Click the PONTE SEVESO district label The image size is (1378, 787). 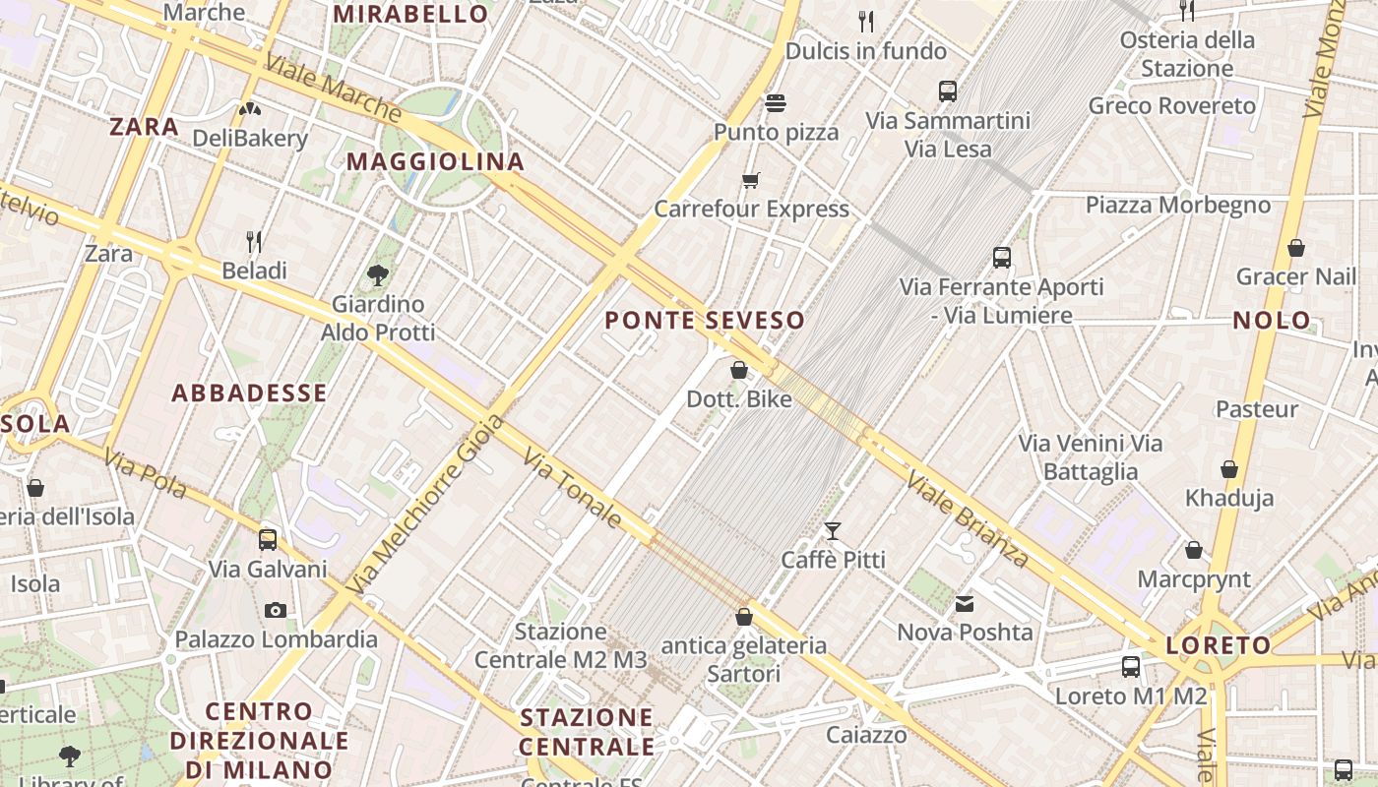[705, 320]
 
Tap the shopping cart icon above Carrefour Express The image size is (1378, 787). [751, 180]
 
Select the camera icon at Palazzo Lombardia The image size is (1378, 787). [276, 610]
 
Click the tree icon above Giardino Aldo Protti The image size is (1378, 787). [377, 274]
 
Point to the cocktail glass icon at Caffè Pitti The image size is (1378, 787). [833, 531]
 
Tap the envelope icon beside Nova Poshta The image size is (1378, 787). [965, 603]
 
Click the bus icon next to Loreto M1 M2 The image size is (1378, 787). [1131, 666]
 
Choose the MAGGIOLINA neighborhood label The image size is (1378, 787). [435, 161]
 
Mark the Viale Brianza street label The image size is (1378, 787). [968, 519]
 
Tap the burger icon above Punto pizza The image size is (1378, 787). [776, 103]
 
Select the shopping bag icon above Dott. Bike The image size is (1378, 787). [739, 371]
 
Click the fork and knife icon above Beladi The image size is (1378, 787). [254, 241]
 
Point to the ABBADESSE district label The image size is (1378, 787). [249, 393]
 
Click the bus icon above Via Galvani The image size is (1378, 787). [268, 540]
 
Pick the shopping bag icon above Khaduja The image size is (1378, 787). [1229, 469]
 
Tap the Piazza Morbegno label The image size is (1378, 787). [1178, 205]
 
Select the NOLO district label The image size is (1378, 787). [1272, 320]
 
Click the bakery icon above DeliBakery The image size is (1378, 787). [250, 108]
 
